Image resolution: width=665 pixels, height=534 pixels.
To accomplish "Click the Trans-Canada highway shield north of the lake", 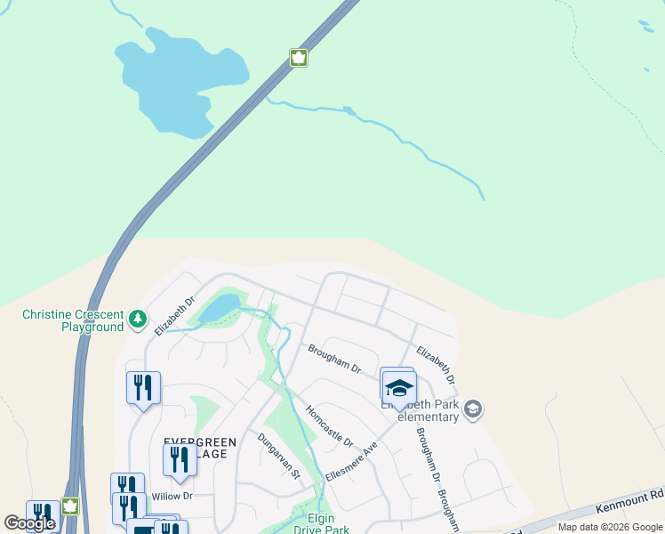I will (x=299, y=58).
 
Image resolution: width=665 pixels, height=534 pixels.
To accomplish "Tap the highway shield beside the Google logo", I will (x=69, y=506).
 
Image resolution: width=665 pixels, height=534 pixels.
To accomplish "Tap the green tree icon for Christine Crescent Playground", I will (x=137, y=318).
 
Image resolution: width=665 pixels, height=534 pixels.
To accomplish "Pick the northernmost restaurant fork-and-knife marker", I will (x=143, y=387).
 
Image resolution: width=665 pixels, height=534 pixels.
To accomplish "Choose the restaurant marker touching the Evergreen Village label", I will (x=180, y=459).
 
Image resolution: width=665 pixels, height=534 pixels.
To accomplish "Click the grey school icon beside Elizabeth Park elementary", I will (x=474, y=409).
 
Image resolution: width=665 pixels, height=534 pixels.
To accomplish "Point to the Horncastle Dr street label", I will (x=329, y=427).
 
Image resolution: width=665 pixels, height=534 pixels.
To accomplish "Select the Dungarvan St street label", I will (x=279, y=457).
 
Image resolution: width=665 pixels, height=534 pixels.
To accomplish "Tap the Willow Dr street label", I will (x=172, y=496).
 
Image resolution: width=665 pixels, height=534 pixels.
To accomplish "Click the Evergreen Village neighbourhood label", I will (x=199, y=448).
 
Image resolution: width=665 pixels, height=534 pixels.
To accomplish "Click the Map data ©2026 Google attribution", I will (x=610, y=527).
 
